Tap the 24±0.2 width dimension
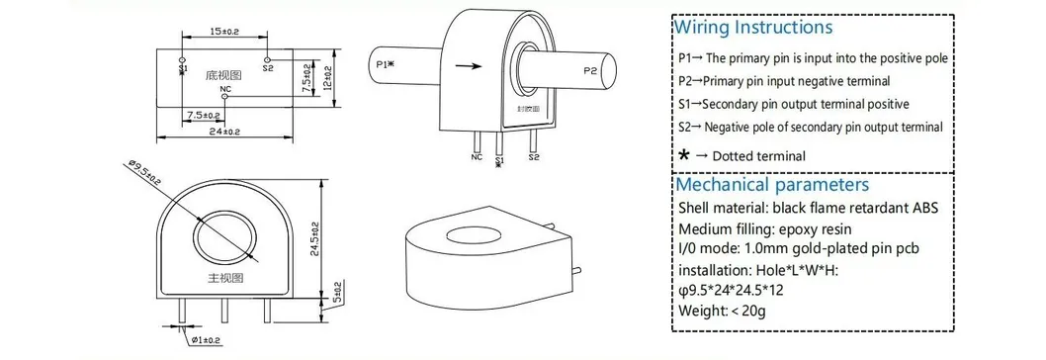223,132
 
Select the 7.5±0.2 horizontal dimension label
199,115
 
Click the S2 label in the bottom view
268,69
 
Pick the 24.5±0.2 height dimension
315,238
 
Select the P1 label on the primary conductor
387,64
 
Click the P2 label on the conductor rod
590,71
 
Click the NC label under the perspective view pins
476,156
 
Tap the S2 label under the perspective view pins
534,156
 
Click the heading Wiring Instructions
753,28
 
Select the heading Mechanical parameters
772,185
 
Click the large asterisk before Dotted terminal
684,155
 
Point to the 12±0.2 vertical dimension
328,76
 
